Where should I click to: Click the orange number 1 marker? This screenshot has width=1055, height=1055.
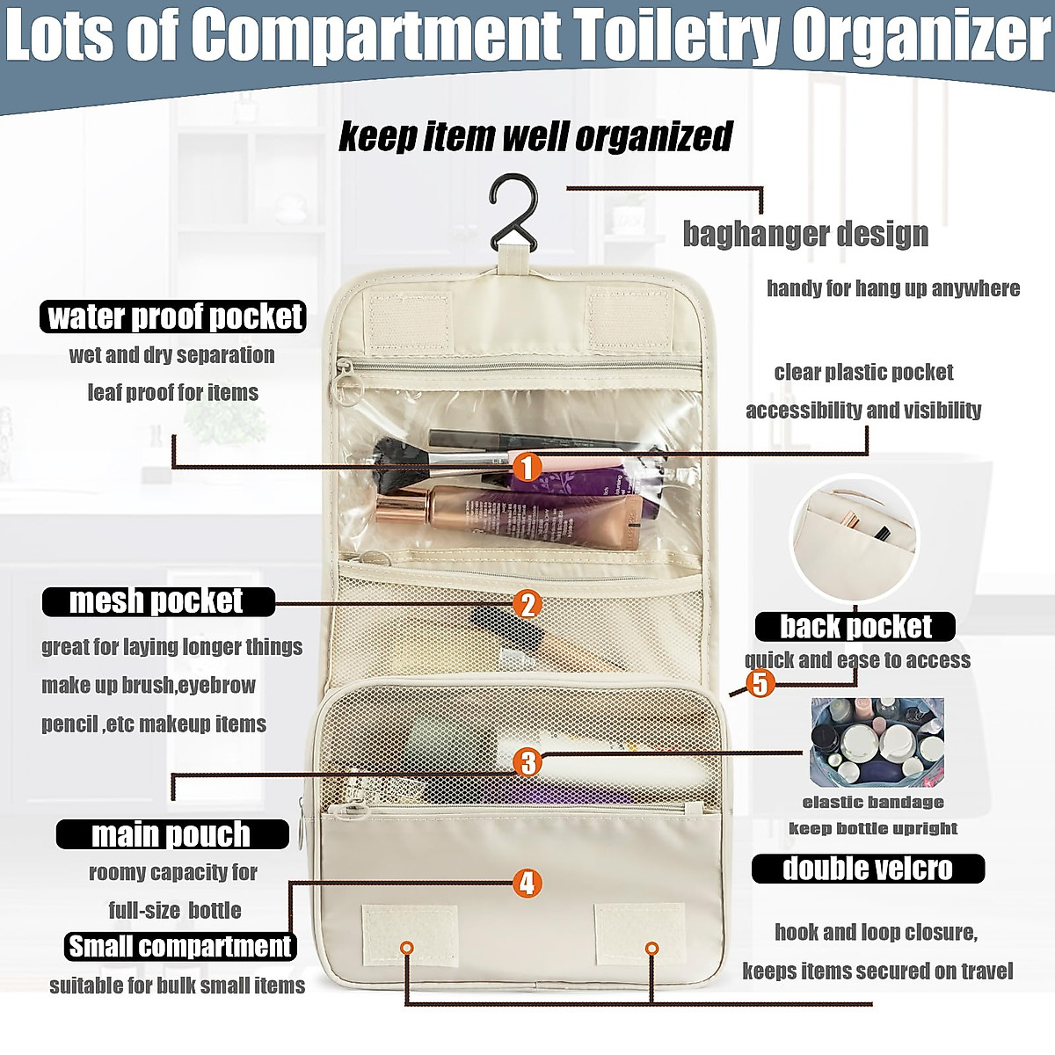click(x=526, y=467)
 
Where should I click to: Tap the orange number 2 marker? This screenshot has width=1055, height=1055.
click(x=527, y=604)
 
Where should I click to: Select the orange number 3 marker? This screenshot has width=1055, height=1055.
click(x=527, y=761)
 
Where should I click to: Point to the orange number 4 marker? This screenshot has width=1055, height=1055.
click(x=527, y=883)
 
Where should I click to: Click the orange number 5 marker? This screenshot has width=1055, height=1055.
click(x=760, y=683)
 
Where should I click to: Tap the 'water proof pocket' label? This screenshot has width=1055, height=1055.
click(x=173, y=316)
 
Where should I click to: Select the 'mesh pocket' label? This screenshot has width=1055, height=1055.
click(x=158, y=601)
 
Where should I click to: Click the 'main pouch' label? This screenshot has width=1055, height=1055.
click(x=172, y=834)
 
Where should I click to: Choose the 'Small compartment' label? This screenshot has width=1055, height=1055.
click(x=180, y=946)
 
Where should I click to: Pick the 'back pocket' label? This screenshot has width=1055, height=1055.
click(x=855, y=627)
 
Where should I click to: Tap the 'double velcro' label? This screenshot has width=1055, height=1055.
click(x=868, y=869)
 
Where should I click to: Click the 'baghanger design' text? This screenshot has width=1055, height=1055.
click(x=805, y=234)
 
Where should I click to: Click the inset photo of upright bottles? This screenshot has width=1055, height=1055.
click(x=877, y=743)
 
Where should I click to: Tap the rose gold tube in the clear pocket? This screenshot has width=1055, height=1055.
click(x=510, y=518)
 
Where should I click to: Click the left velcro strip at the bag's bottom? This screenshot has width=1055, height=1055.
click(x=410, y=935)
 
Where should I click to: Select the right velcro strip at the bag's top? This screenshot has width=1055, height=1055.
click(x=629, y=316)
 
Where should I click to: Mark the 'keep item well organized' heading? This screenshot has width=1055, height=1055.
click(x=535, y=137)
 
